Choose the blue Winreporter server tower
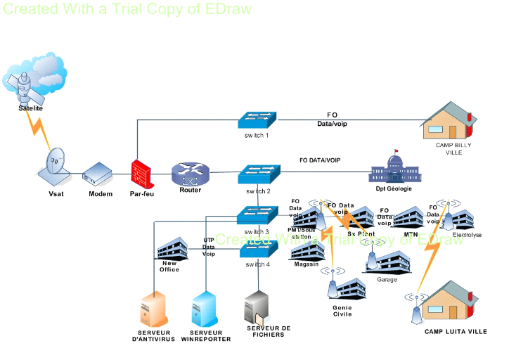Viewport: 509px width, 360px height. point(205,309)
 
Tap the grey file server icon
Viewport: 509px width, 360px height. point(258,306)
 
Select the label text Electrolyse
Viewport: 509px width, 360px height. point(467,236)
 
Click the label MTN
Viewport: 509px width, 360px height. point(411,234)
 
